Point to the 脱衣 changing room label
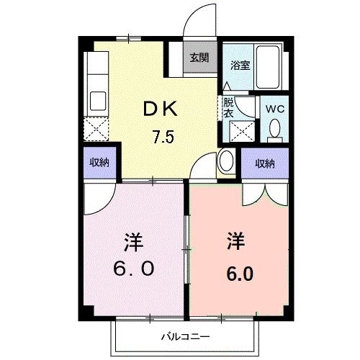tap(228, 107)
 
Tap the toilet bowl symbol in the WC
tap(274, 130)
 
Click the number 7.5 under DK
tap(162, 138)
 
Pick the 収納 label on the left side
tap(99, 163)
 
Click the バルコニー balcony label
tap(184, 336)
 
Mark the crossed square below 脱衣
tap(238, 131)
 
